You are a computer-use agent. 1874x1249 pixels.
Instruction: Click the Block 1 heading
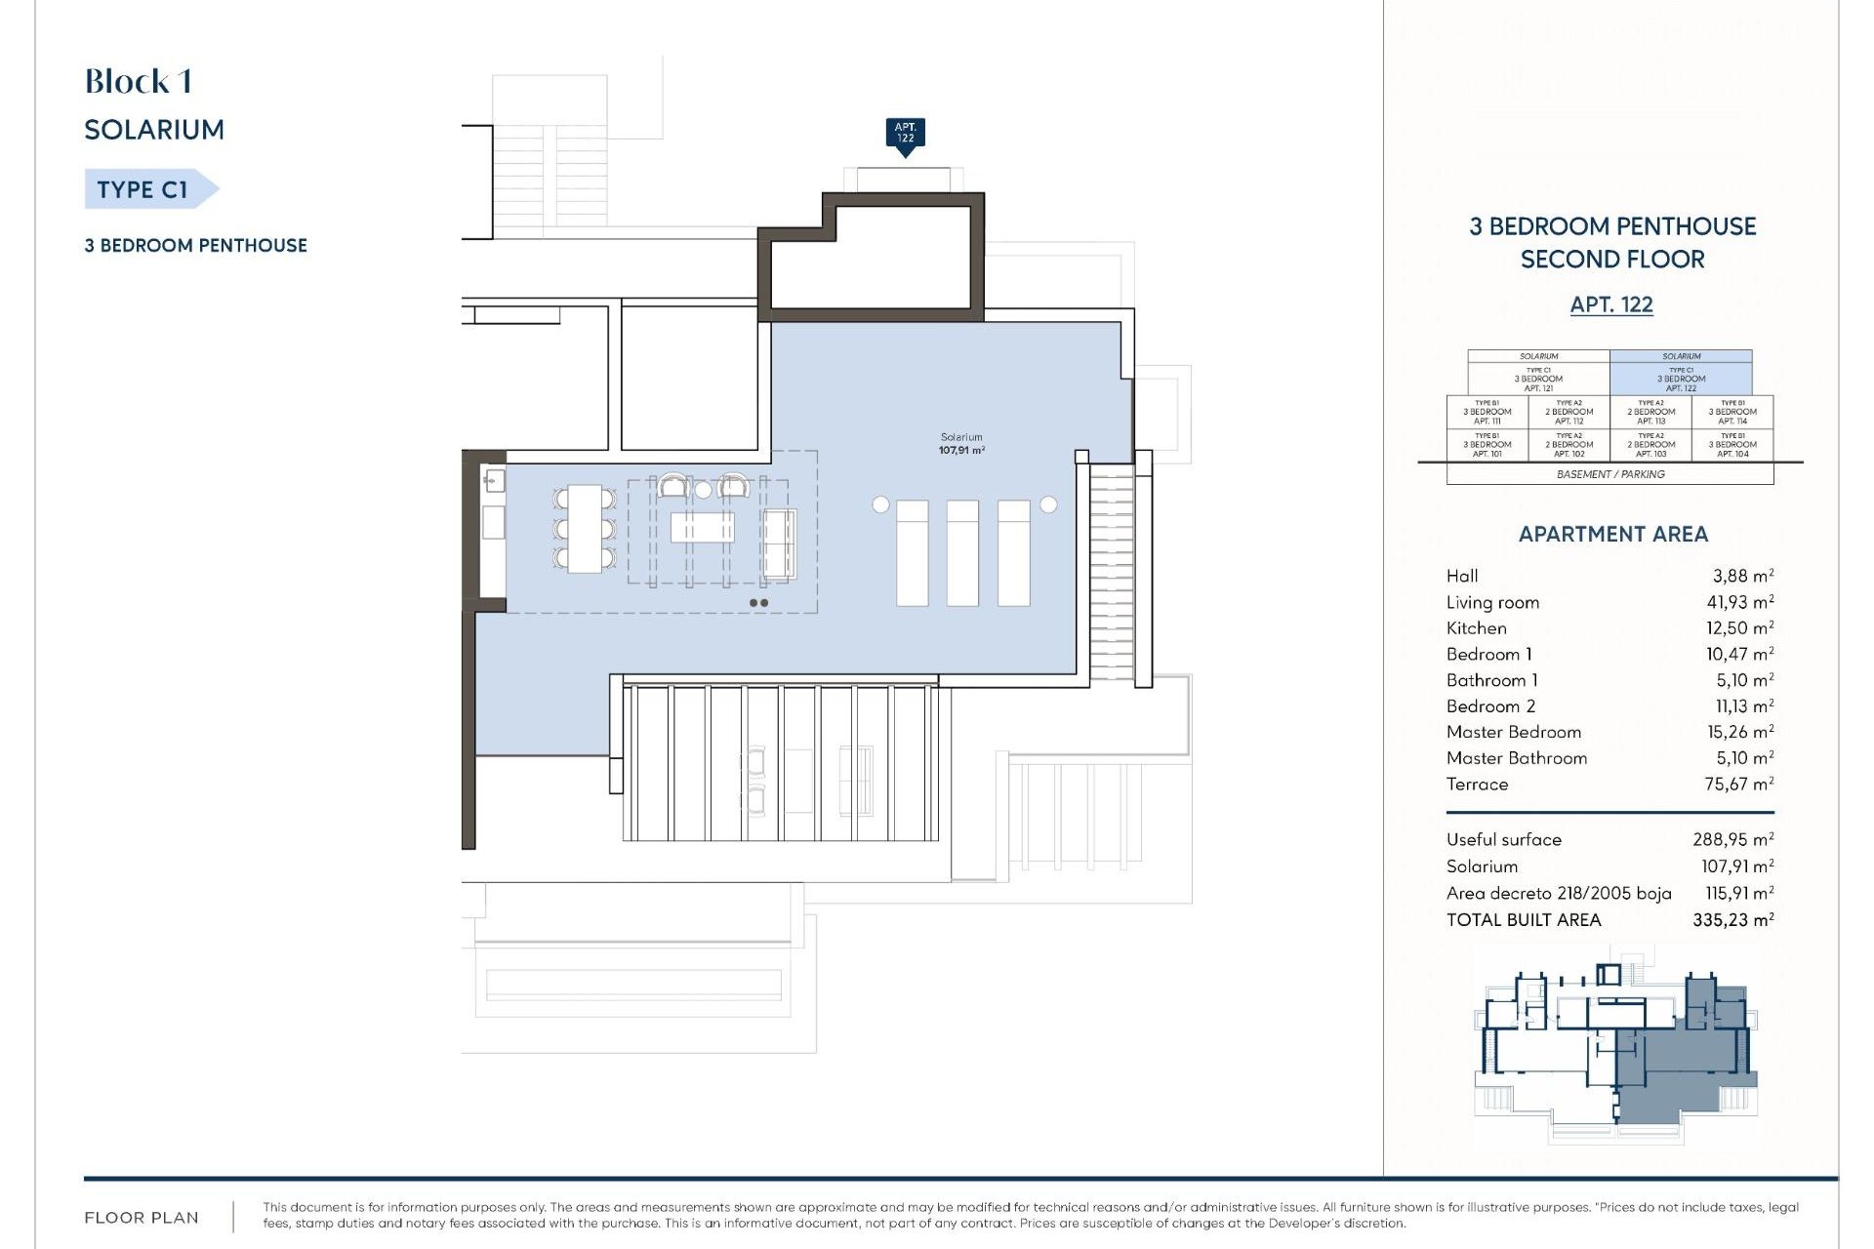[x=138, y=82]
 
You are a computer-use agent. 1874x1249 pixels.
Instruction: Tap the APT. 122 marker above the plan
[x=905, y=133]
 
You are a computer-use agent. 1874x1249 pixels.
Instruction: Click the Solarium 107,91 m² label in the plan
[x=961, y=444]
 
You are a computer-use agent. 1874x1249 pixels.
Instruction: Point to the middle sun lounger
[x=962, y=552]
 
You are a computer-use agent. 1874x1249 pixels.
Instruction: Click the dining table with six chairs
[x=585, y=528]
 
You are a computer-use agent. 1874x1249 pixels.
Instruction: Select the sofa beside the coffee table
[x=779, y=544]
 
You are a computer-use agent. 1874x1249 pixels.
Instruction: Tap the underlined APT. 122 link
[x=1610, y=304]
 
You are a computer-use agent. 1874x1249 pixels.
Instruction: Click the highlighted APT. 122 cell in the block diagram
[x=1681, y=378]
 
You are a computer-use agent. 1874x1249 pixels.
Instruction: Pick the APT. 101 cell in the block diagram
[x=1487, y=445]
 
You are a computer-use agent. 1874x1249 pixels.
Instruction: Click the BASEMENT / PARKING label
[x=1609, y=474]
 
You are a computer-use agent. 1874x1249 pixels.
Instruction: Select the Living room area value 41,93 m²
[x=1739, y=602]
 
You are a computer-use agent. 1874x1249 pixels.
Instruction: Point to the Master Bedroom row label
[x=1513, y=732]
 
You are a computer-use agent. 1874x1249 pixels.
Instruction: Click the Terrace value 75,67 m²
[x=1738, y=784]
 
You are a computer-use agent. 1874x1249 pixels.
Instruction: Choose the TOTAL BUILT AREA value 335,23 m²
[x=1732, y=919]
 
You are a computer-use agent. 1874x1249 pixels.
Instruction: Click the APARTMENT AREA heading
[x=1612, y=534]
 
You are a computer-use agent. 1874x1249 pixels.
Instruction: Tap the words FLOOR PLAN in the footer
[x=142, y=1218]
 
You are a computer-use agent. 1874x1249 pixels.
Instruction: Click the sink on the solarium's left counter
[x=493, y=479]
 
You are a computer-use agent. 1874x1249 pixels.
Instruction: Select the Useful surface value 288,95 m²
[x=1732, y=839]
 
